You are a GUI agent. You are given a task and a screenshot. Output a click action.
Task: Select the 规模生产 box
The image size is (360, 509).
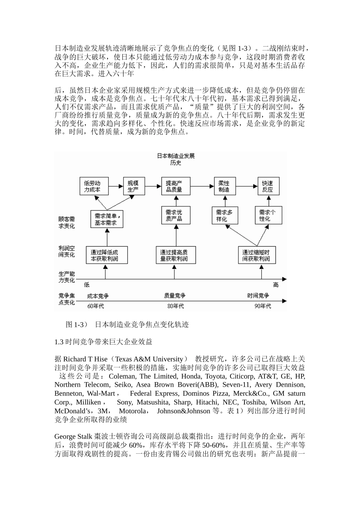(134, 186)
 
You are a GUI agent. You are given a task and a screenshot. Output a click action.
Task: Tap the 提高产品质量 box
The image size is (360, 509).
(174, 186)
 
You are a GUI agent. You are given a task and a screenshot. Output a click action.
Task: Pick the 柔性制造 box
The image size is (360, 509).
(224, 186)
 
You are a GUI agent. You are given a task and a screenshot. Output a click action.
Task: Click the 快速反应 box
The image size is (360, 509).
(268, 186)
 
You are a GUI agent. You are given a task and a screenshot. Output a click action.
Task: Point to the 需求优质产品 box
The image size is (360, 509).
(174, 215)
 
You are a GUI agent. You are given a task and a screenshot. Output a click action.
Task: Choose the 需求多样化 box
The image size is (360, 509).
(224, 215)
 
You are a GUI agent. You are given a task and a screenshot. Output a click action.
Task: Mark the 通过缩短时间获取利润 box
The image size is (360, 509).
(256, 255)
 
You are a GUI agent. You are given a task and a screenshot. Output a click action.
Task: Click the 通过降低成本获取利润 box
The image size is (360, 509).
(106, 255)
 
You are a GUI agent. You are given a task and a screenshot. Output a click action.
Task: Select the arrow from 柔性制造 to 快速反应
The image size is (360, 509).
(246, 186)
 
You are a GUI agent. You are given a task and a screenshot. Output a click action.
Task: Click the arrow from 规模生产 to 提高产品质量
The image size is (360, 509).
(153, 186)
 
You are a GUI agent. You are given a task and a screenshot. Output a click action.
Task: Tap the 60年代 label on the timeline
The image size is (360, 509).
(95, 306)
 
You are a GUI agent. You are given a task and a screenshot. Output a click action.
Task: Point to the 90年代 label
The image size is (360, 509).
(263, 306)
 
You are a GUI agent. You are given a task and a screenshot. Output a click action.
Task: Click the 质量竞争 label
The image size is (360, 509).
(175, 295)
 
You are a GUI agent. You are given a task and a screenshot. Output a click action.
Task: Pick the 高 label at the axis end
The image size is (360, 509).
(276, 285)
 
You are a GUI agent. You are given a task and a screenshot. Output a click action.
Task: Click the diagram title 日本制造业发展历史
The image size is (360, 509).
(176, 159)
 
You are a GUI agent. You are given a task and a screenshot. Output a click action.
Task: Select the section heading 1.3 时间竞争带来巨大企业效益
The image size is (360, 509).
(103, 342)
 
